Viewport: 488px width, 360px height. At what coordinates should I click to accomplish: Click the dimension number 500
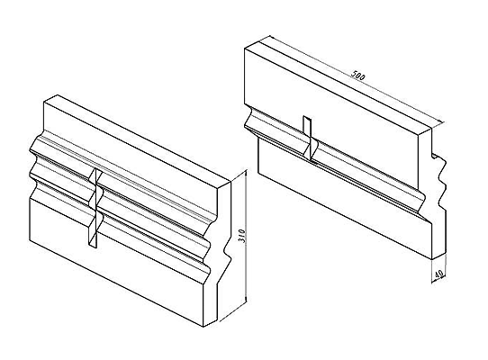[x=357, y=76]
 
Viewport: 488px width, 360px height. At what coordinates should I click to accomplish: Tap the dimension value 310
[x=243, y=237]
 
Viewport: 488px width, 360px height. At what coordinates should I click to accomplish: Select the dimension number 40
[x=438, y=274]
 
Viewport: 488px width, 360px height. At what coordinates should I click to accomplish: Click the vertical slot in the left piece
[x=94, y=209]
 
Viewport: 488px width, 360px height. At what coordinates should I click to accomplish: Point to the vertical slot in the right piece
[x=308, y=138]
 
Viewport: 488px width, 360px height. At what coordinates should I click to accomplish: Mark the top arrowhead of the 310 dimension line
[x=246, y=172]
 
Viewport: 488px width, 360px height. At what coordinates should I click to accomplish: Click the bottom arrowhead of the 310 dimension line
[x=246, y=300]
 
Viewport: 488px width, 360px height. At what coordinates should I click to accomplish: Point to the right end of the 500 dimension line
[x=441, y=123]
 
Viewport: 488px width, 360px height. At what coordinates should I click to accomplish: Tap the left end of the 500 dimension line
[x=270, y=37]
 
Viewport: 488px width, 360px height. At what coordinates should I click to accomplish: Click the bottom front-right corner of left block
[x=203, y=327]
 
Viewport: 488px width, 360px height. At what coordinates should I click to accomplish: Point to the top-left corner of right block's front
[x=245, y=48]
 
